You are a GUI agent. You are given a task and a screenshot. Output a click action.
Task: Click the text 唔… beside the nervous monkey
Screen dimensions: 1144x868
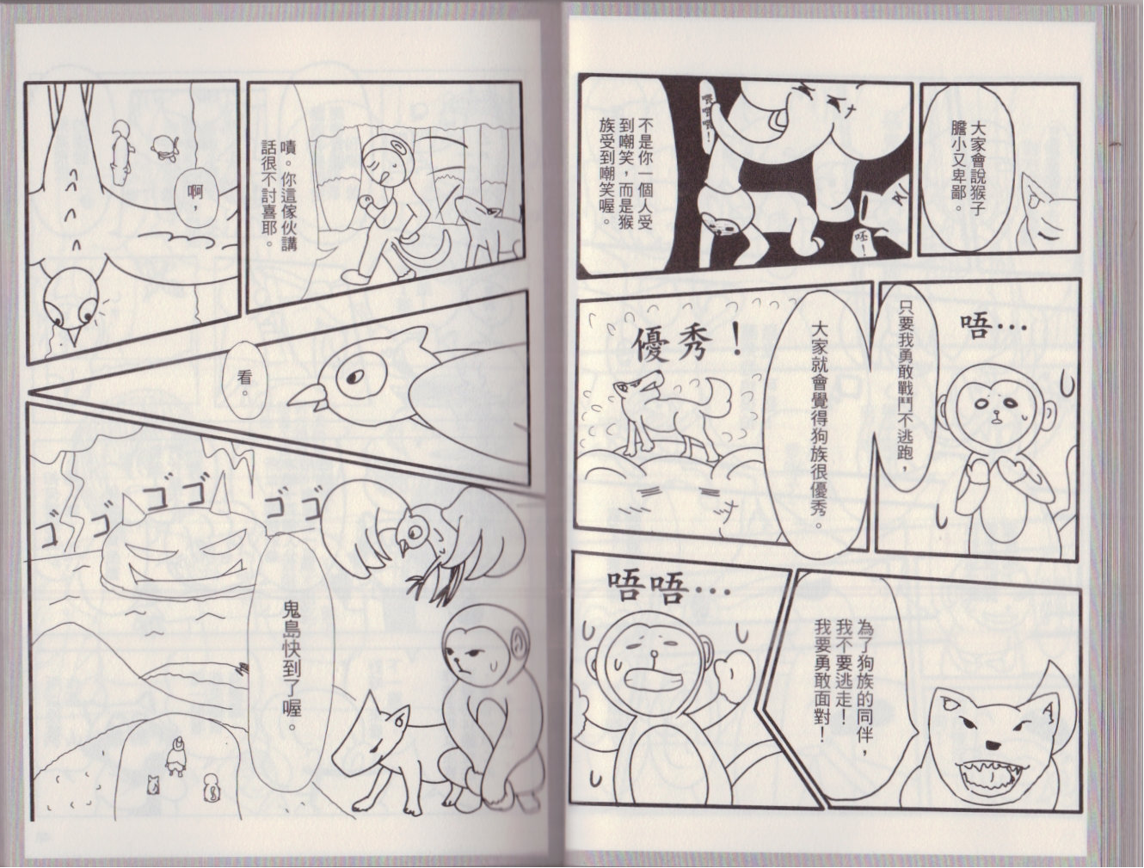tap(994, 326)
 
